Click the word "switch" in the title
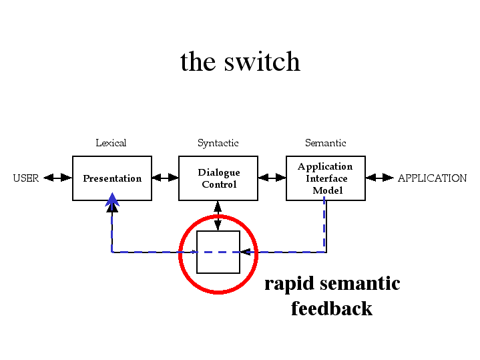click(262, 61)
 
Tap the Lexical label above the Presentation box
click(111, 143)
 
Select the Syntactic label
click(218, 143)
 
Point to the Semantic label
click(325, 143)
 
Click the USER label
click(26, 178)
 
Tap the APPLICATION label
click(432, 178)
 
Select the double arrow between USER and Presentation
click(58, 178)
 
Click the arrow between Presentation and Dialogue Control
click(166, 178)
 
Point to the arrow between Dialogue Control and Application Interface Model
click(272, 178)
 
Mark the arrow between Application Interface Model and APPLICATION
click(380, 178)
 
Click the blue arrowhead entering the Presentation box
click(112, 199)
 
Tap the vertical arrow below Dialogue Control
click(218, 216)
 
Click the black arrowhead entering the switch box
click(246, 252)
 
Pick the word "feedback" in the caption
click(332, 308)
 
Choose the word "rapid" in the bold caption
click(289, 284)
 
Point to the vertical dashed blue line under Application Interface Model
click(324, 224)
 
